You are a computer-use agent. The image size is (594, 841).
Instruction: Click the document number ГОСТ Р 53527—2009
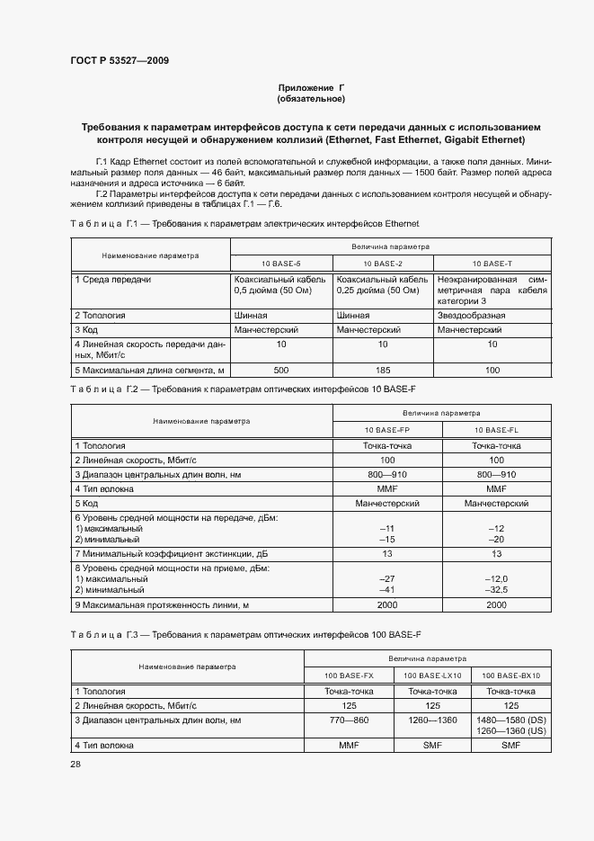point(120,61)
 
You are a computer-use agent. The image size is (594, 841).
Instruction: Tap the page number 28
point(75,764)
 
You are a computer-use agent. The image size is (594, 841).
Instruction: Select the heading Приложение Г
point(311,87)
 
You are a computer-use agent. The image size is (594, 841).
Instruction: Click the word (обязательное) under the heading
point(311,98)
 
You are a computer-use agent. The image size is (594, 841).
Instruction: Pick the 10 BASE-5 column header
point(281,263)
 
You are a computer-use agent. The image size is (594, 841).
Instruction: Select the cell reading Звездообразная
point(471,316)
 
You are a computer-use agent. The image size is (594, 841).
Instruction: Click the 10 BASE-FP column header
point(387,430)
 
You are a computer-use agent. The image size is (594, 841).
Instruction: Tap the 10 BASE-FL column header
point(497,430)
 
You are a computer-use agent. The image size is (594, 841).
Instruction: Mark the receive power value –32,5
point(497,590)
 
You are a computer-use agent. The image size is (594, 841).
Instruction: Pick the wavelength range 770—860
point(349,720)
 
